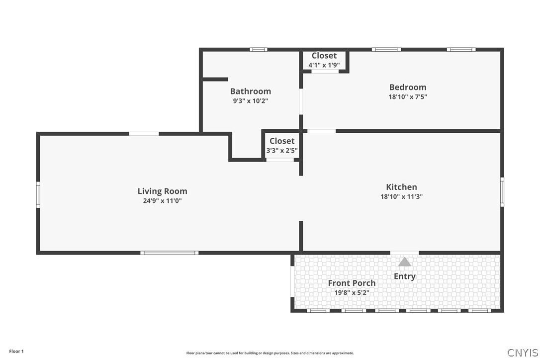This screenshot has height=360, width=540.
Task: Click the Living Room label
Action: click(162, 191)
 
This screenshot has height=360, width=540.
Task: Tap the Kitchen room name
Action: click(402, 187)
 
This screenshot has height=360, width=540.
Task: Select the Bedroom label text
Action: click(408, 87)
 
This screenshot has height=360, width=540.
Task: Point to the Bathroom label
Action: click(251, 91)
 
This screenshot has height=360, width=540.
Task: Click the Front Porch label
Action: click(352, 283)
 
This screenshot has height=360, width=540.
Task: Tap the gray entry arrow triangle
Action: click(405, 262)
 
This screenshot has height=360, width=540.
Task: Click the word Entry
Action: click(405, 276)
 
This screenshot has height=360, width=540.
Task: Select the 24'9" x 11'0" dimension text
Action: click(162, 201)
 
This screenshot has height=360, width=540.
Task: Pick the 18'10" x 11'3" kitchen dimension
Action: click(402, 197)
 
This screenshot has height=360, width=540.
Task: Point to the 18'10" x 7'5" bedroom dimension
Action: click(408, 97)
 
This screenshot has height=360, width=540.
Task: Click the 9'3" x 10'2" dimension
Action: click(251, 101)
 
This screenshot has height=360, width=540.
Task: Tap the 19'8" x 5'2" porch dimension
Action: click(352, 293)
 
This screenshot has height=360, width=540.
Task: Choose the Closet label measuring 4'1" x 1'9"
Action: click(324, 56)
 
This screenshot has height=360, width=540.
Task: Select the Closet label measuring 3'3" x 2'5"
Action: click(282, 141)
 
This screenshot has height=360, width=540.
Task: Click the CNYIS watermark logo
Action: click(523, 353)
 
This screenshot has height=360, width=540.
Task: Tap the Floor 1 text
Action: click(16, 352)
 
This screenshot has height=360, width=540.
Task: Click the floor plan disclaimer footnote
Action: click(270, 353)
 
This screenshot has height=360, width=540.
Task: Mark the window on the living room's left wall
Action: click(38, 195)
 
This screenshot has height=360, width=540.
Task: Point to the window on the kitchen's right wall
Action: click(502, 192)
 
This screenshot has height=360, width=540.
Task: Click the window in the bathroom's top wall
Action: click(258, 50)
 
